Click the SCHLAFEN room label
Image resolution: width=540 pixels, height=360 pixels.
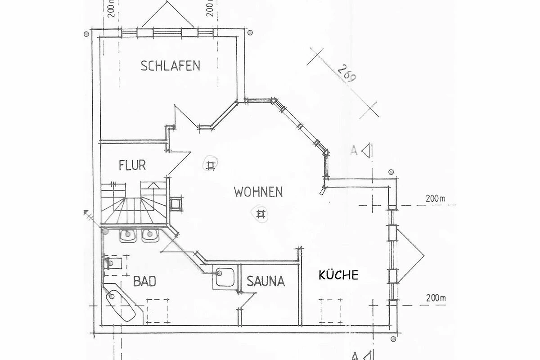(x=171, y=66)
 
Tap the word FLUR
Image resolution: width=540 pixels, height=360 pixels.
(x=132, y=165)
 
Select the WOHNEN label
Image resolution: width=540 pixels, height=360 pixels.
(x=258, y=192)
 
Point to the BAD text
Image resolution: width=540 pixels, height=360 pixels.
(x=144, y=281)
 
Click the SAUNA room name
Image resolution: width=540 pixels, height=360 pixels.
(x=265, y=281)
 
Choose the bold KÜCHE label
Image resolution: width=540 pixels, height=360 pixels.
(x=338, y=275)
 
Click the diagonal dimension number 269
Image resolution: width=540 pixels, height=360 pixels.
(x=346, y=74)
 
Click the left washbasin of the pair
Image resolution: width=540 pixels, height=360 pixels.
(x=127, y=235)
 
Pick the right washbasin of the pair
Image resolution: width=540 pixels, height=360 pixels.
(x=150, y=235)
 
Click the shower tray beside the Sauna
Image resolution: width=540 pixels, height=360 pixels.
(x=225, y=277)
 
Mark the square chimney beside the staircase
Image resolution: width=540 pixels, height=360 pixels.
(x=176, y=204)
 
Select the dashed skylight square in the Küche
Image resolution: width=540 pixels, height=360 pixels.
(x=331, y=311)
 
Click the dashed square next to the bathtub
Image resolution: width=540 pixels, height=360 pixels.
(x=157, y=311)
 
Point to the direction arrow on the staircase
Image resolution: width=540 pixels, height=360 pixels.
(x=153, y=186)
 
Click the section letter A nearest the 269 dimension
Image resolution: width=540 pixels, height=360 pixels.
(x=353, y=150)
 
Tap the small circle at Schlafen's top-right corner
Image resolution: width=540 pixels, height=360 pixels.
(x=250, y=32)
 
